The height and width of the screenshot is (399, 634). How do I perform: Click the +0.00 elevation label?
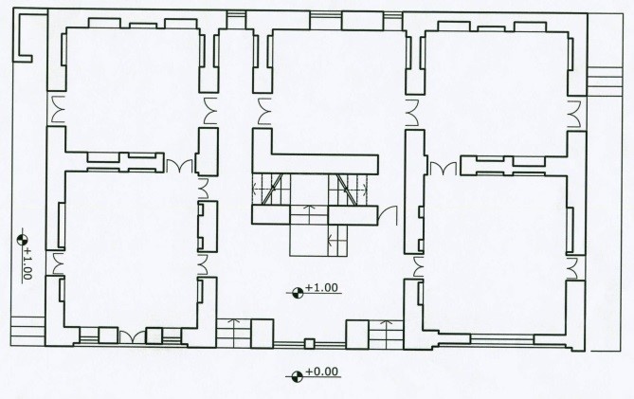[x=322, y=372]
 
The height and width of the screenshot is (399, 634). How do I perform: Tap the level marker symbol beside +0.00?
[x=298, y=377]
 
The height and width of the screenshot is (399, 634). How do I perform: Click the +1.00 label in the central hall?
[x=321, y=287]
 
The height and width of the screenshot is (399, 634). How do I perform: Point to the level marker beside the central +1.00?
[x=298, y=293]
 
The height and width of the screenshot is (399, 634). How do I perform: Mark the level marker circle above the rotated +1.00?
[x=22, y=240]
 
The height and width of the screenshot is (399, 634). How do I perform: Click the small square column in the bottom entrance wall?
[x=309, y=344]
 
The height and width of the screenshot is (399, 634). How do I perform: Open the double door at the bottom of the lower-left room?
[x=133, y=337]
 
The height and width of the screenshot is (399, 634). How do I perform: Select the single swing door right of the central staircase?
[x=389, y=215]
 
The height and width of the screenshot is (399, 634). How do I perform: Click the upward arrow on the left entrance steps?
[x=233, y=328]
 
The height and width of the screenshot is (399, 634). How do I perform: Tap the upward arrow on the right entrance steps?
[x=387, y=328]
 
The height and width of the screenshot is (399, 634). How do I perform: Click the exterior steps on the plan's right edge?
[x=604, y=82]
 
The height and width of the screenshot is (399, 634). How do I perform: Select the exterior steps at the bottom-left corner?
[x=27, y=331]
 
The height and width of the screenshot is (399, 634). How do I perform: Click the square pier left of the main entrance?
[x=262, y=334]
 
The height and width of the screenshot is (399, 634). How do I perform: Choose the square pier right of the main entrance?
[x=357, y=335]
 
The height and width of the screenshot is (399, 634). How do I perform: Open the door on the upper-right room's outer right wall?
[x=574, y=114]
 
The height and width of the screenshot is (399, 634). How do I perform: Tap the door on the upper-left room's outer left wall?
[x=58, y=110]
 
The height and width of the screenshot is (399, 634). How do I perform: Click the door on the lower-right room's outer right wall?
[x=572, y=267]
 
